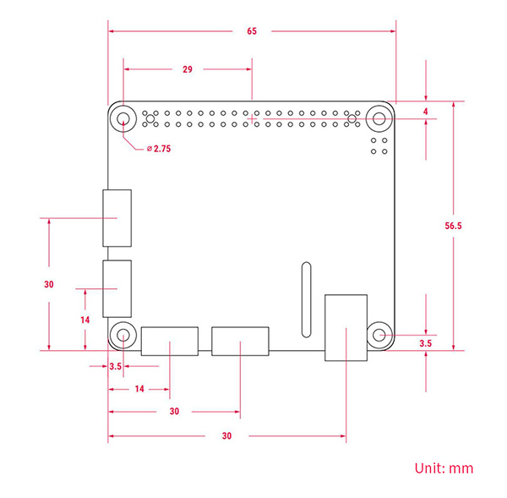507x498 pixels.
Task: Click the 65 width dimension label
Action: click(252, 31)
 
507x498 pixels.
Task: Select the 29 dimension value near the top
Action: click(187, 69)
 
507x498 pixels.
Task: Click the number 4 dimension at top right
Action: click(426, 111)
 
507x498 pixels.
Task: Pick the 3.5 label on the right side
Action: click(426, 344)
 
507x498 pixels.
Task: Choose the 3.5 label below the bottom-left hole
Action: click(116, 366)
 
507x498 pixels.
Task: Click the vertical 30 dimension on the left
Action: click(49, 284)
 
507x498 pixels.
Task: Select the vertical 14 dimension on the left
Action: click(84, 320)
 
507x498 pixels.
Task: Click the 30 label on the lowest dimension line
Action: click(226, 436)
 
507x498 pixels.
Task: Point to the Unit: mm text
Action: click(444, 468)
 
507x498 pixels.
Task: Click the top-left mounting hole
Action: click(123, 118)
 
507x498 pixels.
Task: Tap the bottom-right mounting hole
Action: click(379, 335)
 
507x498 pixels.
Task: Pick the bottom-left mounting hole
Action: click(123, 336)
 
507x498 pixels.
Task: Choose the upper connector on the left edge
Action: click(117, 217)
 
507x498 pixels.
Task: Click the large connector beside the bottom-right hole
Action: click(346, 326)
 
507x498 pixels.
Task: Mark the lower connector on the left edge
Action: click(117, 287)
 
